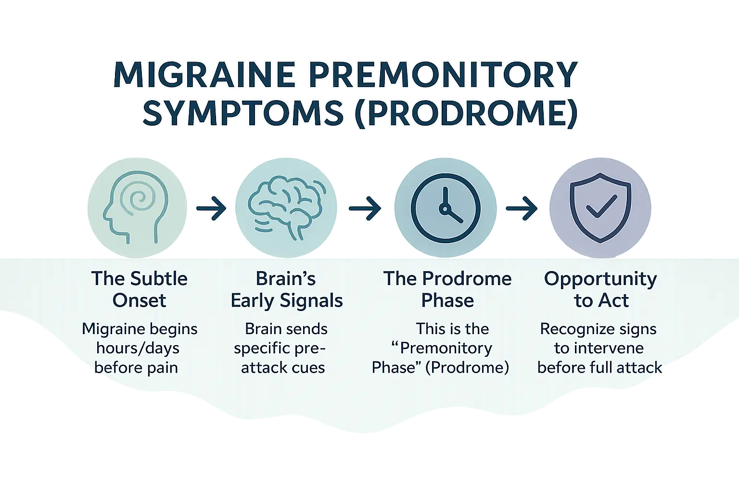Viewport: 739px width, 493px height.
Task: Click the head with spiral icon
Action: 136,208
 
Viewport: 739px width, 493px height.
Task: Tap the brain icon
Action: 286,208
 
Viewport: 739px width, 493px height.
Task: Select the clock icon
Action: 444,208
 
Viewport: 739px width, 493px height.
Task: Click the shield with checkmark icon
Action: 600,208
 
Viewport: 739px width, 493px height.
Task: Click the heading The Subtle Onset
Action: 139,289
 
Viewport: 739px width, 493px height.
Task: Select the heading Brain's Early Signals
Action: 287,289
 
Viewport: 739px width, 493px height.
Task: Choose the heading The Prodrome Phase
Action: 447,289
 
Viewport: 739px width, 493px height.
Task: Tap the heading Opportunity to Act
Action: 600,289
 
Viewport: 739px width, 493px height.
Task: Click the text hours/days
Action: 138,348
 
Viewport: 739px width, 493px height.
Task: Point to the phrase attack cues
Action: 283,368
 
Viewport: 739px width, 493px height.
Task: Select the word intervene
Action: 605,348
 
